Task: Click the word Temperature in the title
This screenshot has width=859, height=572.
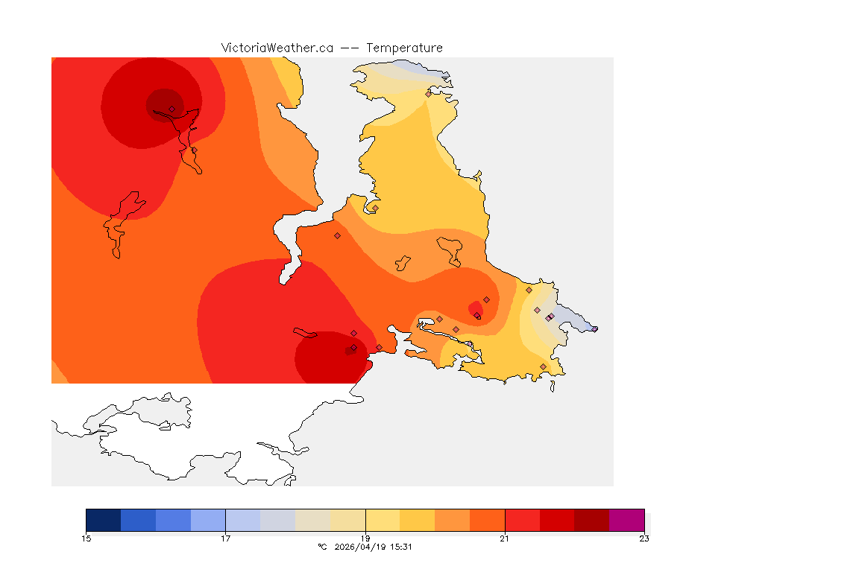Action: point(404,48)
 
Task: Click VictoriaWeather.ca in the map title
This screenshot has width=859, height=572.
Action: point(277,48)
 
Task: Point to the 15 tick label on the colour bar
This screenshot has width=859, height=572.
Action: point(86,538)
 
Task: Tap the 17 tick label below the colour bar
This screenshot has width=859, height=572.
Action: point(225,538)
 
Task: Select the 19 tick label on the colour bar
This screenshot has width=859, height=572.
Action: point(365,538)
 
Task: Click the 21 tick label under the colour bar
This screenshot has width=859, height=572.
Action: point(505,538)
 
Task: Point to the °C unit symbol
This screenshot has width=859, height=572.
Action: point(322,547)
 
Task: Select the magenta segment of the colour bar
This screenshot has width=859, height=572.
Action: point(626,520)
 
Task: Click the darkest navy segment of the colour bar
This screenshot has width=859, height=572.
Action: point(103,520)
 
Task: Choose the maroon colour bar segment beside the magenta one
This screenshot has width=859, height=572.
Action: point(591,520)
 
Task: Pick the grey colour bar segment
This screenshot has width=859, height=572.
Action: point(277,520)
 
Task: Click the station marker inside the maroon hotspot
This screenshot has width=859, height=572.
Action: point(172,109)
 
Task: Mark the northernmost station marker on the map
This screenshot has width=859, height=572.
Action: point(429,94)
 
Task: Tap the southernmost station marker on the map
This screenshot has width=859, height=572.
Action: point(543,366)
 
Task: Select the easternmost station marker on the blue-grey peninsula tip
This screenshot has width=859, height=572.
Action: point(594,328)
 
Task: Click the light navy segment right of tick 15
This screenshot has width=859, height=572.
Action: point(138,520)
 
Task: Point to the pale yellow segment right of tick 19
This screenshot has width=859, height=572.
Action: point(383,520)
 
